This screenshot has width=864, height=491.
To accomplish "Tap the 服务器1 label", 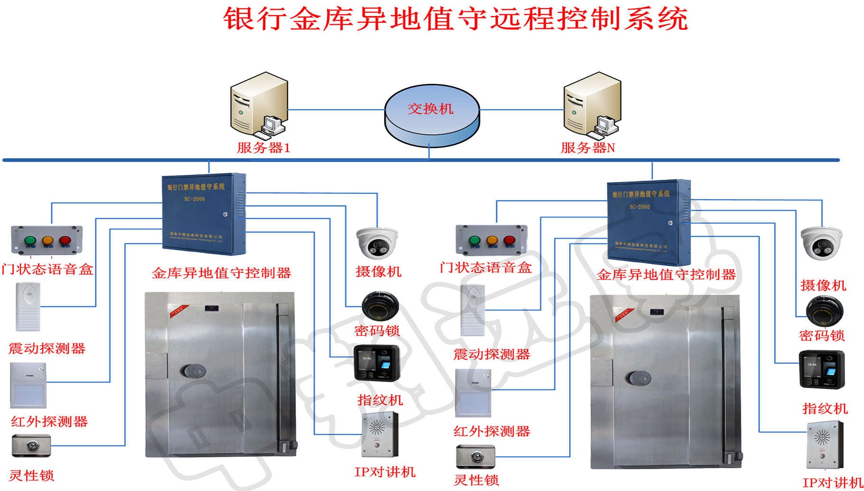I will pyautogui.click(x=263, y=148).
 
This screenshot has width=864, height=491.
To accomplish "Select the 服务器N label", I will pyautogui.click(x=588, y=148).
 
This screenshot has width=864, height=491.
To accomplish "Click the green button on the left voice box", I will pyautogui.click(x=30, y=240).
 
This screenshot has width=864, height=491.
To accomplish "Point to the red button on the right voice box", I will pyautogui.click(x=509, y=240).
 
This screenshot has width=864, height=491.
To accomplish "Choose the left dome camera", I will pyautogui.click(x=377, y=243).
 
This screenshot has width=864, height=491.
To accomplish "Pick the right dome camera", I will pyautogui.click(x=821, y=243).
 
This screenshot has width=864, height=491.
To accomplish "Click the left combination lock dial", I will pyautogui.click(x=380, y=306).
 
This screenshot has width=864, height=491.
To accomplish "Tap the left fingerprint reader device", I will pyautogui.click(x=376, y=363).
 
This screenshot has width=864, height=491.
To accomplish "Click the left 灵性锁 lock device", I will pyautogui.click(x=31, y=446).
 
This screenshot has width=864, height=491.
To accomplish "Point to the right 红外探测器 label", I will pyautogui.click(x=491, y=431).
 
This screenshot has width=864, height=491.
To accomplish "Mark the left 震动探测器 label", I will pyautogui.click(x=47, y=349).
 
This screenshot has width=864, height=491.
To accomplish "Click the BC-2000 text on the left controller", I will pyautogui.click(x=195, y=199).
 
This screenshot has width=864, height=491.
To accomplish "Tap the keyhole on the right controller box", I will pyautogui.click(x=670, y=223).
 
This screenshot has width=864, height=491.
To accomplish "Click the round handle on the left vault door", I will pyautogui.click(x=193, y=371).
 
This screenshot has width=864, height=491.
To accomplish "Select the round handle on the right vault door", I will pyautogui.click(x=638, y=378).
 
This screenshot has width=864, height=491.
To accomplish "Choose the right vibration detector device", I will pyautogui.click(x=472, y=310).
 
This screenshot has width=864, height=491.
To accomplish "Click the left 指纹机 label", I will pyautogui.click(x=380, y=400).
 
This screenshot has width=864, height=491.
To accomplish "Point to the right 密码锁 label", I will pyautogui.click(x=822, y=336).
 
